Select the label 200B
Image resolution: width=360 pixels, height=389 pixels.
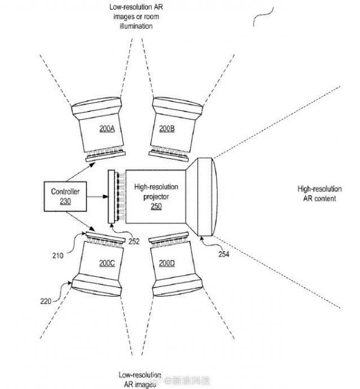167,128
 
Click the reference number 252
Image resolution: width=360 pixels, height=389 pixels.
134,241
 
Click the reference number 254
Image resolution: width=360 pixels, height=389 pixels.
223,253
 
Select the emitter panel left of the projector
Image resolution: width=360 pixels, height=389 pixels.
110,197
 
